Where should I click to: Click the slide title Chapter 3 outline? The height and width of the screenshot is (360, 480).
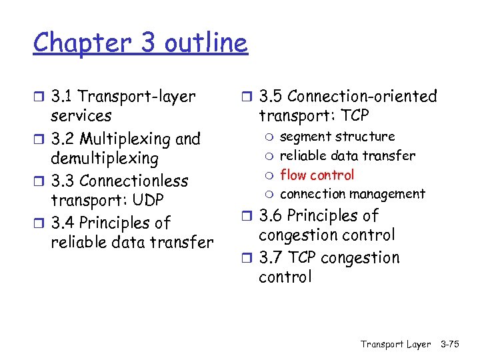(x=140, y=43)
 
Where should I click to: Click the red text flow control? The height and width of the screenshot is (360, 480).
(x=317, y=175)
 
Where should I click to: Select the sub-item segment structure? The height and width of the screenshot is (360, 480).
(x=337, y=137)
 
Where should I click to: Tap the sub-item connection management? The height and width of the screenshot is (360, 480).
(x=352, y=194)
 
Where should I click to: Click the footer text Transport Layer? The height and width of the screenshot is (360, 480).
(x=395, y=344)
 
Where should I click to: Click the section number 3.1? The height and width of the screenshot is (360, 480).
(x=63, y=97)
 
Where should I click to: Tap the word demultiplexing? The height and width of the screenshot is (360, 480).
(x=104, y=159)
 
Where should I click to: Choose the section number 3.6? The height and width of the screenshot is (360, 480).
(x=271, y=216)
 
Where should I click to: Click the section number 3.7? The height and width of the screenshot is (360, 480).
(x=271, y=258)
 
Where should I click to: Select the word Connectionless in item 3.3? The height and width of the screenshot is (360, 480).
(x=134, y=181)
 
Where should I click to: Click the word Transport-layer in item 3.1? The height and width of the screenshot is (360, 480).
(x=138, y=97)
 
